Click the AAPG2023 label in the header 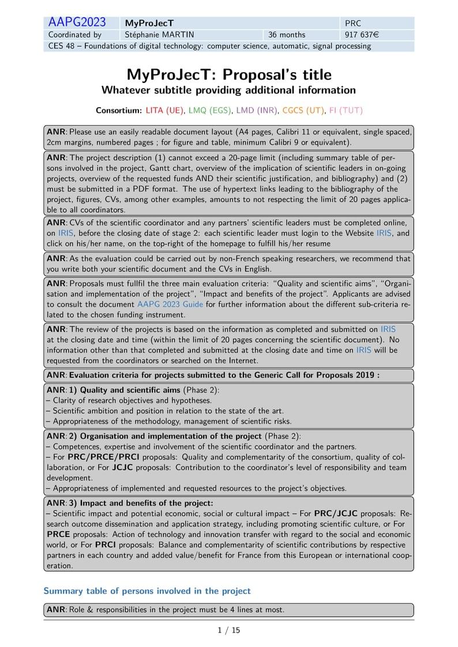(77, 22)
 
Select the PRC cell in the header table (352, 24)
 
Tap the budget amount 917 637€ (362, 35)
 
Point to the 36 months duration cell (287, 35)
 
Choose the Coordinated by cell (74, 35)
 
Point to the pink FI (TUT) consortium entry (346, 110)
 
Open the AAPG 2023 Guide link (170, 304)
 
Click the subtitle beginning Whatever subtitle (228, 90)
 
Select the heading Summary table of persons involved (147, 591)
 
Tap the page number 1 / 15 (229, 630)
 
